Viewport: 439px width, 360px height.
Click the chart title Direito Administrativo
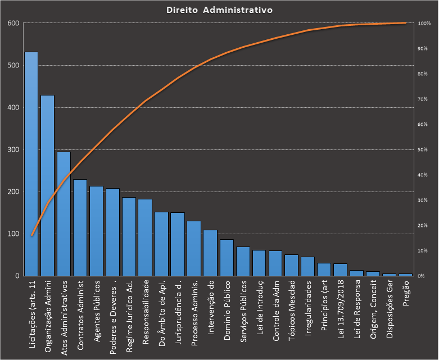click(220, 10)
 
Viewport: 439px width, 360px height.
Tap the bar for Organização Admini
click(47, 185)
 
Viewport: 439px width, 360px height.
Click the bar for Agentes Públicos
click(96, 231)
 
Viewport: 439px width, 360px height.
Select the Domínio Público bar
click(227, 258)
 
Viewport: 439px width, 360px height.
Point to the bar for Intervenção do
click(210, 253)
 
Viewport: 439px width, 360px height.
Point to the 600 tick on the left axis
click(13, 23)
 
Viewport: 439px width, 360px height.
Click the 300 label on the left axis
click(13, 149)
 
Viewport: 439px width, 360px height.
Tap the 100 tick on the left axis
click(13, 234)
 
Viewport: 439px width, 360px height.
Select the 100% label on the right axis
click(424, 23)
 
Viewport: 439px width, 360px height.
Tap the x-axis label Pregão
click(406, 293)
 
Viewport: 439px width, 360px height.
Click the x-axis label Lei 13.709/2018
click(341, 309)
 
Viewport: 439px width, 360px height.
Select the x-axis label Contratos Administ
click(80, 315)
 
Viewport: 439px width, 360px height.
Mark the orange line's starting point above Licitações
click(31, 235)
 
